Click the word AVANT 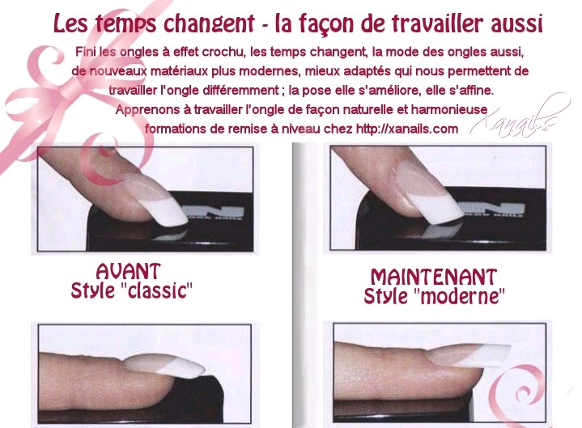pos(128,271)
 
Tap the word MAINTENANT pos(434,277)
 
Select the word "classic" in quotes pos(157,290)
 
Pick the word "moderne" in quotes pos(459,295)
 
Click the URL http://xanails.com pos(407,129)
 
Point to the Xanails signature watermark pos(520,117)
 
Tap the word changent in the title pos(209,24)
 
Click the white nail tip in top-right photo pos(438,208)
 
